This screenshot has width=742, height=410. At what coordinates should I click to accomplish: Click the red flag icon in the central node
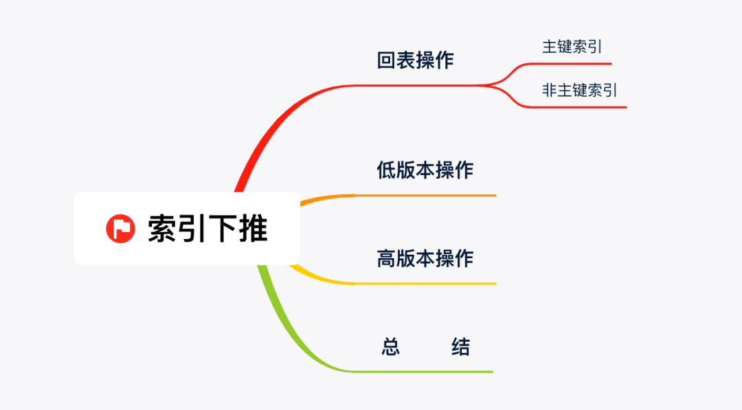[x=120, y=229]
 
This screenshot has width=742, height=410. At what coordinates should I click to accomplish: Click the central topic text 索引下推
[x=207, y=229]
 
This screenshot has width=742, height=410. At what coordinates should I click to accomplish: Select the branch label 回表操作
[x=415, y=60]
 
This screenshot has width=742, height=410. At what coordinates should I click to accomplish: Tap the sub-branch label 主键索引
[x=572, y=47]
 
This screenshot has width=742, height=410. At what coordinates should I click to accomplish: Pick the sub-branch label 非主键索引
[x=580, y=90]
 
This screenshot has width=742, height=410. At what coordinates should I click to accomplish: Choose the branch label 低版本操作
[x=425, y=169]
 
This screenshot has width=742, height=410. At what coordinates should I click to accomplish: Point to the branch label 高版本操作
[x=425, y=258]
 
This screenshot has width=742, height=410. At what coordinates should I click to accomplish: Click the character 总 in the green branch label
[x=390, y=347]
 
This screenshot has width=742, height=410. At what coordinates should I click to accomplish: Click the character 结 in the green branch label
[x=460, y=347]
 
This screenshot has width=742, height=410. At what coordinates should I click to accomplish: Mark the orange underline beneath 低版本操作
[x=426, y=196]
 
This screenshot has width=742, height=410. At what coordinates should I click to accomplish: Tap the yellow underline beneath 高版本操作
[x=426, y=284]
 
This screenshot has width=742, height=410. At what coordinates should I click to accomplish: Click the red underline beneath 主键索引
[x=570, y=64]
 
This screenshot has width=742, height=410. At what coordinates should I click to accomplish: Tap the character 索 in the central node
[x=162, y=229]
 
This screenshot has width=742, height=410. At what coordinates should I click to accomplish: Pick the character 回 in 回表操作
[x=386, y=60]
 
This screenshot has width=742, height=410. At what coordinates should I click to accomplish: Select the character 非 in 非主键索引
[x=550, y=90]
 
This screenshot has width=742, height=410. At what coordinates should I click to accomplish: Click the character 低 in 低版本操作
[x=386, y=169]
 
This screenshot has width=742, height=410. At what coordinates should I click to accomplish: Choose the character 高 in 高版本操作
[x=386, y=258]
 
